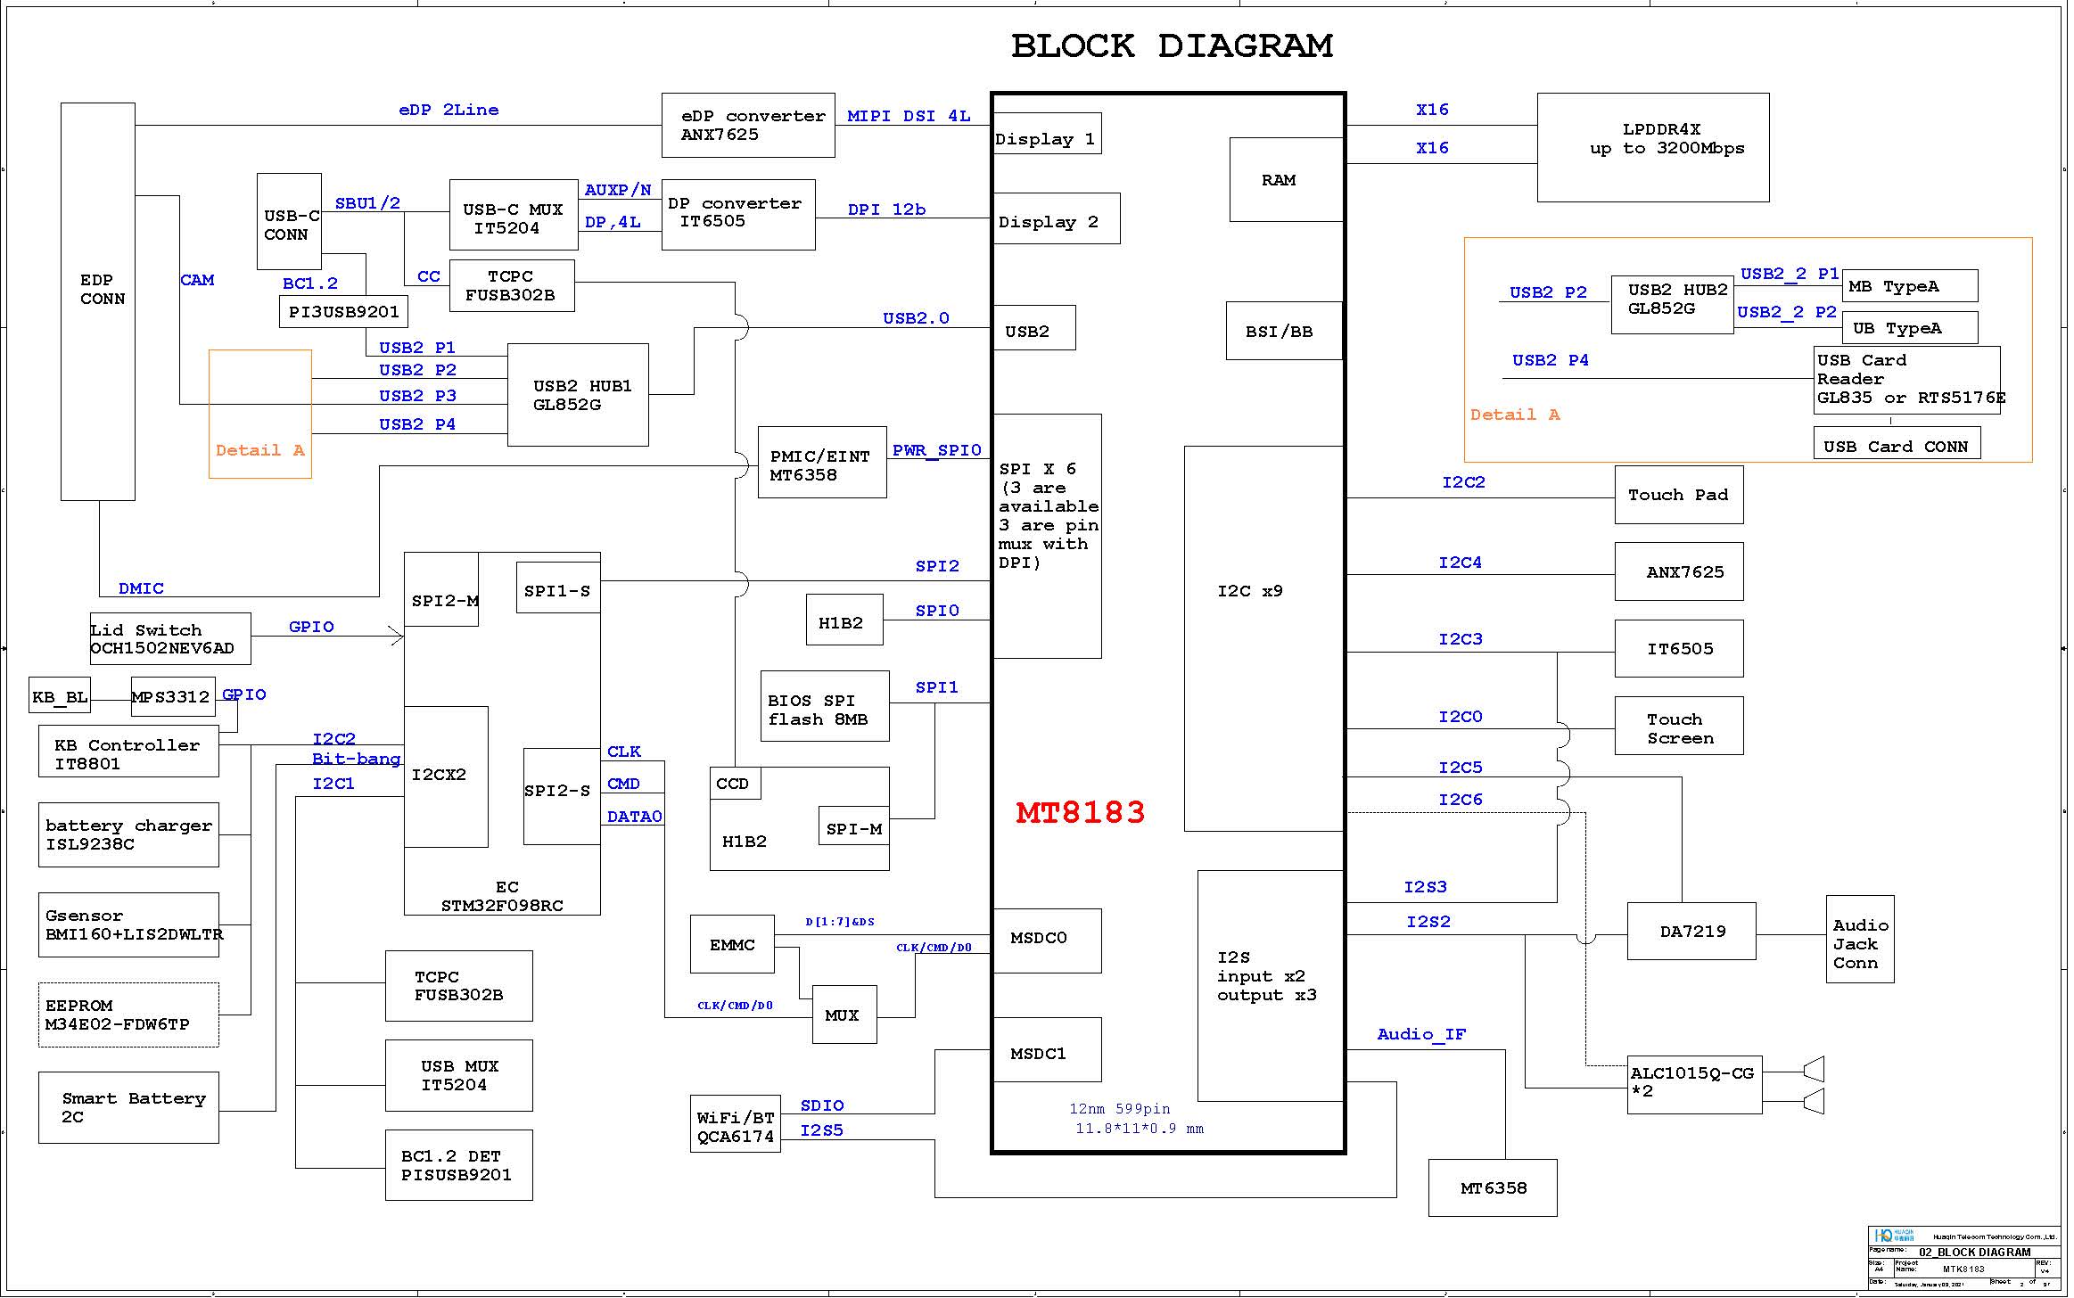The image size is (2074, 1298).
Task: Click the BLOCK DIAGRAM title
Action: click(1171, 45)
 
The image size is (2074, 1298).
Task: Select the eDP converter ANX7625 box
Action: click(748, 126)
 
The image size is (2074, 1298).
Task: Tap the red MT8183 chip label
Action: click(1080, 812)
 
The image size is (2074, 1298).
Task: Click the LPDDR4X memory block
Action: click(1652, 147)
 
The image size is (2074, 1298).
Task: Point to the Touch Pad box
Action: click(1678, 495)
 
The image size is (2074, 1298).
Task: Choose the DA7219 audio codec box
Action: click(1691, 932)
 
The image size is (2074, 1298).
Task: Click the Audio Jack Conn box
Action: click(1859, 944)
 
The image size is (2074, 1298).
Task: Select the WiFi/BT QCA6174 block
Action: click(735, 1127)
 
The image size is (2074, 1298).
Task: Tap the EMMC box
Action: click(732, 945)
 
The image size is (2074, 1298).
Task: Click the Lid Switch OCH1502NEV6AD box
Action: click(169, 639)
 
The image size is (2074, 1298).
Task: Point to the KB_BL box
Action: click(60, 697)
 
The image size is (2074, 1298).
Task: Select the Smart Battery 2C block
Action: click(128, 1107)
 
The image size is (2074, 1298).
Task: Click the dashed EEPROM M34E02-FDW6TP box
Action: click(128, 1015)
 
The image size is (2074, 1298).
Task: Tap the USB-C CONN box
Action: click(289, 222)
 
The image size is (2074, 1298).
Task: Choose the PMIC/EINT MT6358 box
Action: click(821, 463)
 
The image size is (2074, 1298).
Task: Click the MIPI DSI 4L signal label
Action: click(908, 116)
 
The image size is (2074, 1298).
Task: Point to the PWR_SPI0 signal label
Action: click(936, 450)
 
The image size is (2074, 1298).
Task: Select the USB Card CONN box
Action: click(1897, 446)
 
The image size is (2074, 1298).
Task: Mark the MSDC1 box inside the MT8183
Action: click(1047, 1053)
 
